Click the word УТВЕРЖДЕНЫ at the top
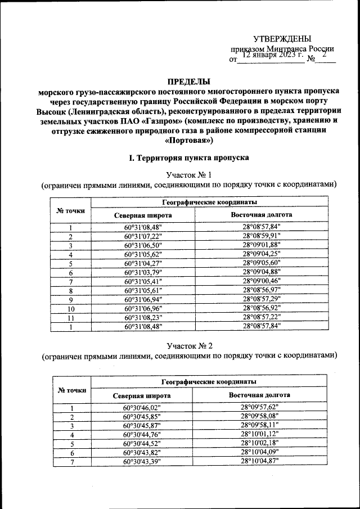coord(282,39)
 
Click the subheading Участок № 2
coord(187,345)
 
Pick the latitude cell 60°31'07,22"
coord(143,236)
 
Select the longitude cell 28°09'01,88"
coord(261,245)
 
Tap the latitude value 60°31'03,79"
coord(143,272)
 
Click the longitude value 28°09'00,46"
coord(261,281)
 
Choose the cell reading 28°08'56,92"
coord(261,308)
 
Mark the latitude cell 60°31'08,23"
coord(143,317)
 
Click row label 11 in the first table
coord(71,317)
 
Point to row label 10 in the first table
coord(71,308)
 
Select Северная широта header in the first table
coord(143,215)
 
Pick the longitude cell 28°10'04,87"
coord(259,461)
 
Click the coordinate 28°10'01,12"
coord(259,434)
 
